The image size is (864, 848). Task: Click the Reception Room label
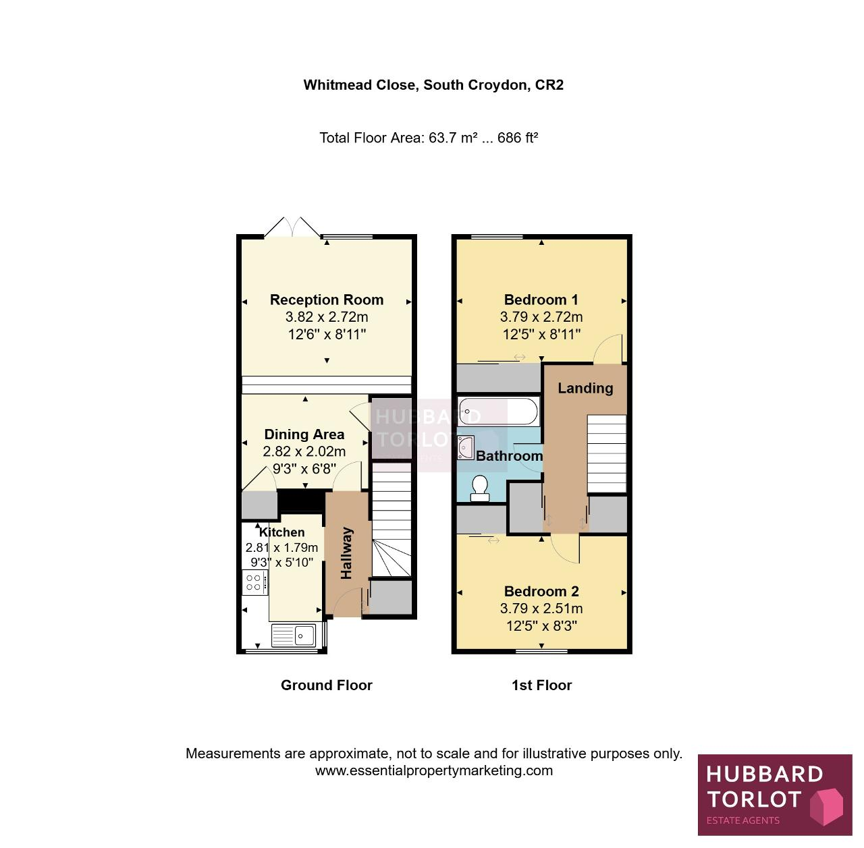pos(327,300)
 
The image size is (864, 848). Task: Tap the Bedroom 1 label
pos(541,300)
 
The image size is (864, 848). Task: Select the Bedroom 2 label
pos(541,591)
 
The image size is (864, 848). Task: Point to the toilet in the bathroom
pos(479,488)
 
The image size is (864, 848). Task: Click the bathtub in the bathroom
pos(497,411)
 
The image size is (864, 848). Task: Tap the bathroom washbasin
pos(466,447)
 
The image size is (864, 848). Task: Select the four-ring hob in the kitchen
pos(255,582)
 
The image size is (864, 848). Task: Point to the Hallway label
pos(346,553)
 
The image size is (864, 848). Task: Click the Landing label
pos(585,388)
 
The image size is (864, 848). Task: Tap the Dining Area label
pos(304,434)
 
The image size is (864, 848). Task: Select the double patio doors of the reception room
pos(292,227)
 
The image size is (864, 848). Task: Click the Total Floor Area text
pos(429,138)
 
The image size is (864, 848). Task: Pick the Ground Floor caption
pos(327,685)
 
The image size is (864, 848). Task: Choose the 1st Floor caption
pos(541,685)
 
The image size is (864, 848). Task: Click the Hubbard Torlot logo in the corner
pos(775,795)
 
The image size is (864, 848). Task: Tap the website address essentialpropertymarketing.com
pos(433,770)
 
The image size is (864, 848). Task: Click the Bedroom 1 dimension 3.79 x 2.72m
pos(541,317)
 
